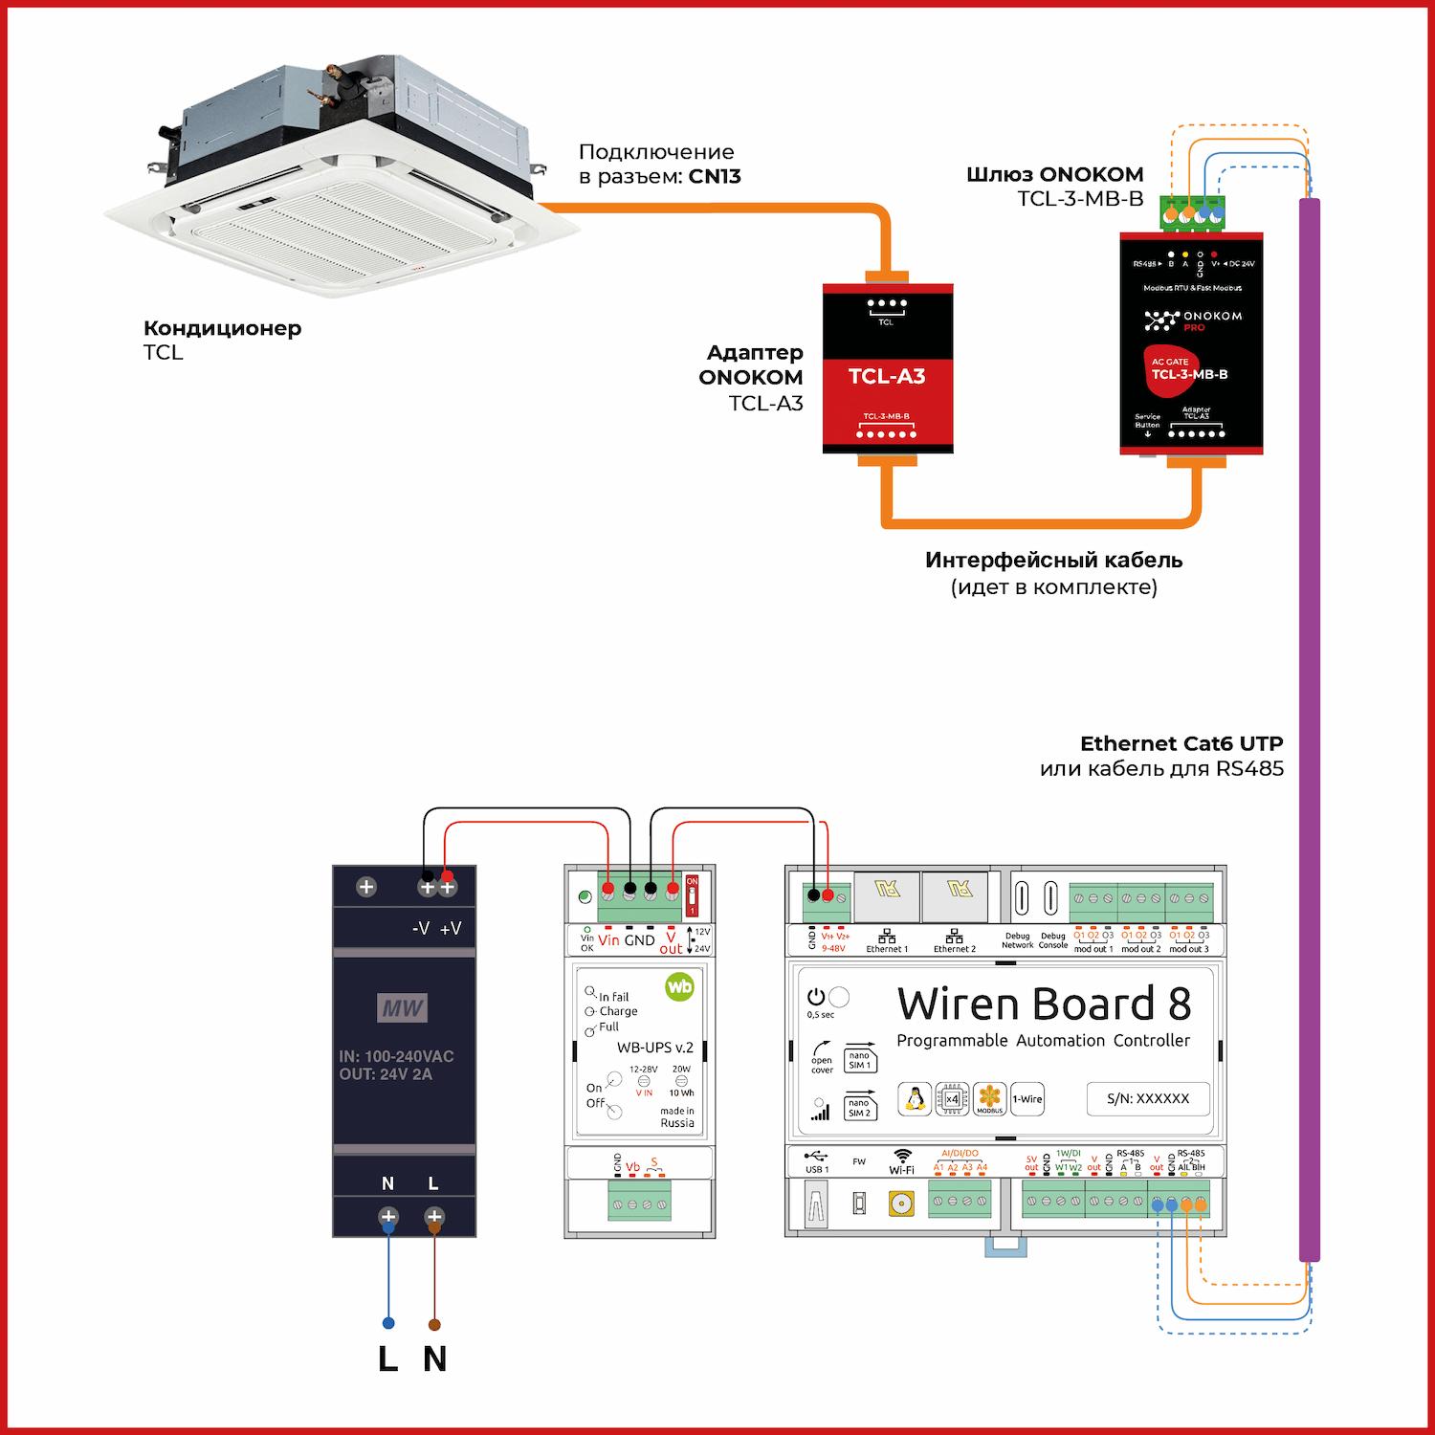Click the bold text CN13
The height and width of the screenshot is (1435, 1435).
coord(715,177)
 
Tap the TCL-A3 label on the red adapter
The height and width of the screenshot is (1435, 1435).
coord(887,376)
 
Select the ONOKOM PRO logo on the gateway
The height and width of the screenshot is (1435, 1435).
coord(1192,320)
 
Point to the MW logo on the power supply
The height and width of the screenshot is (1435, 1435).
coord(403,1007)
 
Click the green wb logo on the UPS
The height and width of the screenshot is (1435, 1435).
coord(679,986)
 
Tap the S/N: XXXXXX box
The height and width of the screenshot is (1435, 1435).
coord(1148,1098)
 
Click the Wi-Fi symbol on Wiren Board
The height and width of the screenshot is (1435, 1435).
coord(902,1157)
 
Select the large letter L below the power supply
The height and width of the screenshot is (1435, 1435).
coord(387,1359)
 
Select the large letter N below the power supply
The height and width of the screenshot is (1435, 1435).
coord(434,1359)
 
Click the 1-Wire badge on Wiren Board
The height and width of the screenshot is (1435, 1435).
coord(1027,1099)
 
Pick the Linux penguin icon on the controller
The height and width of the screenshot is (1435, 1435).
coord(916,1099)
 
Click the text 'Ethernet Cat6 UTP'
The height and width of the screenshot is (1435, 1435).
coord(1181,743)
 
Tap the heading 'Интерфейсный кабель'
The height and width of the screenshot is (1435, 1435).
coord(1053,561)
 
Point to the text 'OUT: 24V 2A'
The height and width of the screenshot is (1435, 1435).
coord(386,1074)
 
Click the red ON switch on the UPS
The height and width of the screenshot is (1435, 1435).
coord(693,895)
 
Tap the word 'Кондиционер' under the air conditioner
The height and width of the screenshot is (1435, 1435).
coord(222,328)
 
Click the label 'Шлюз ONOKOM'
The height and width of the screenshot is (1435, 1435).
coord(1054,174)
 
